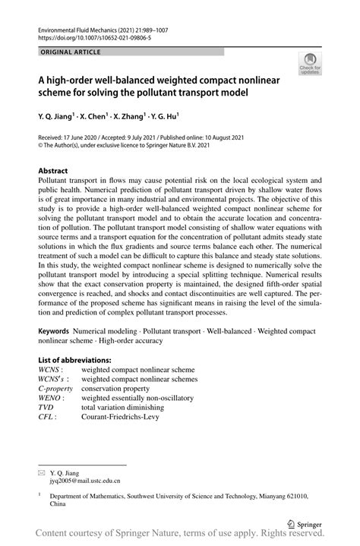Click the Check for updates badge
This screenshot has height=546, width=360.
[x=310, y=63]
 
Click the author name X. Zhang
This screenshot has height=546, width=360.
[x=125, y=116]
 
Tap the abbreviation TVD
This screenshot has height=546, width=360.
[x=47, y=407]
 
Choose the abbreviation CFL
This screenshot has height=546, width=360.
[x=47, y=417]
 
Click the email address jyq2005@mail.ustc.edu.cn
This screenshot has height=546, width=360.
[x=84, y=480]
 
